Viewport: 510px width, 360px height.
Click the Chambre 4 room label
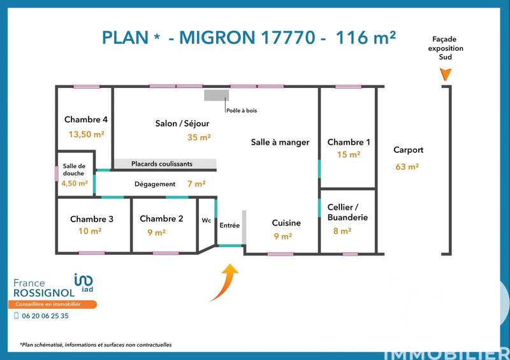click(85, 120)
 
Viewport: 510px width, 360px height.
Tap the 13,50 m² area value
click(86, 134)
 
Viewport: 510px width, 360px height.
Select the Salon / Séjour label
click(182, 123)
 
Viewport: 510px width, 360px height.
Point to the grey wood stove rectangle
click(216, 95)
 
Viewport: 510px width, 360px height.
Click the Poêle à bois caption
click(241, 110)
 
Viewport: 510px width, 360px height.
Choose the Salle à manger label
click(280, 142)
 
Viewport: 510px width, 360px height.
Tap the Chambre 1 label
click(348, 142)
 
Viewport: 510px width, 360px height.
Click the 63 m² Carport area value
click(407, 167)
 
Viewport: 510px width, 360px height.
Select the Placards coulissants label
click(162, 164)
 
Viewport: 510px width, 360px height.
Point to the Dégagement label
click(154, 184)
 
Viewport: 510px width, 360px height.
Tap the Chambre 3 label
click(92, 219)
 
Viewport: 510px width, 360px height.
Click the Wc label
click(206, 220)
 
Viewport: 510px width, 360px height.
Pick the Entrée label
click(229, 225)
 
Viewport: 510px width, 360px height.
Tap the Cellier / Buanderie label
click(347, 212)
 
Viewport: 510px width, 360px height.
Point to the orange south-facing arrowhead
click(446, 75)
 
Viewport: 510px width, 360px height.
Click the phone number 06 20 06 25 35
click(45, 315)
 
